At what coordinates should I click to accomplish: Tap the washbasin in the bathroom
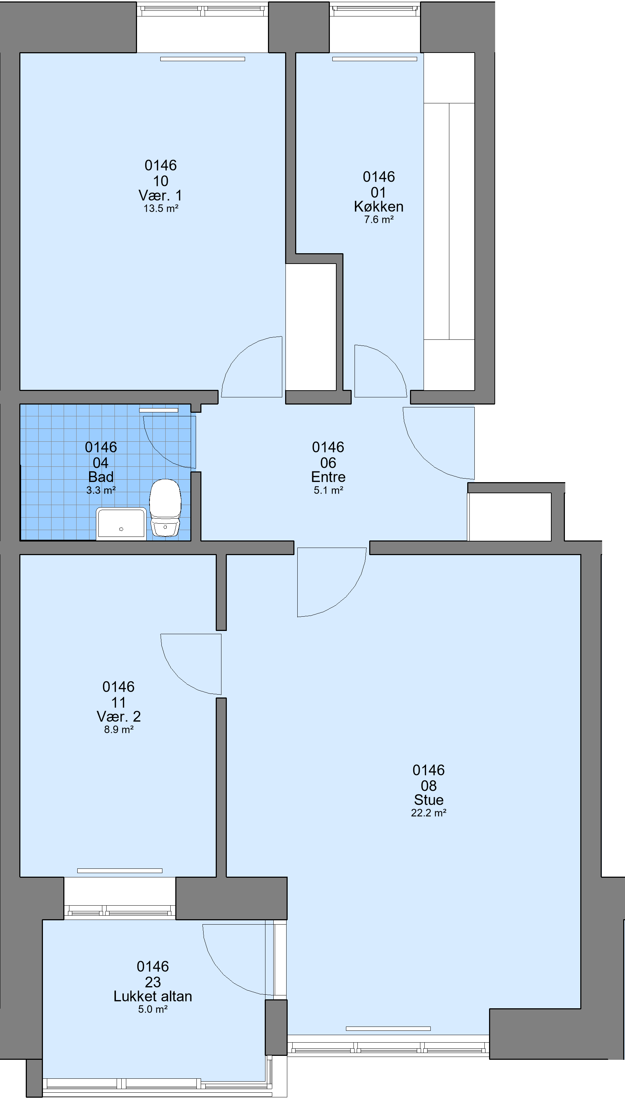pos(121,524)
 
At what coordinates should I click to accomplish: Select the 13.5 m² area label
pos(161,209)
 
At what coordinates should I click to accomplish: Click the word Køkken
pos(379,206)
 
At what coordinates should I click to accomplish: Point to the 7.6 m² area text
pos(379,220)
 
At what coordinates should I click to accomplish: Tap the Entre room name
pos(328,477)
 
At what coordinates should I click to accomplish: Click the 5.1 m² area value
pos(328,490)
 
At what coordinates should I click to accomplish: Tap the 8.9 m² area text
pos(119,730)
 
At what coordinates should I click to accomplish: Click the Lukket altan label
pos(153,996)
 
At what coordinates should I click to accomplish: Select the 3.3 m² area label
pos(101,490)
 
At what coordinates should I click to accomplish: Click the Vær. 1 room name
pos(160,195)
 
